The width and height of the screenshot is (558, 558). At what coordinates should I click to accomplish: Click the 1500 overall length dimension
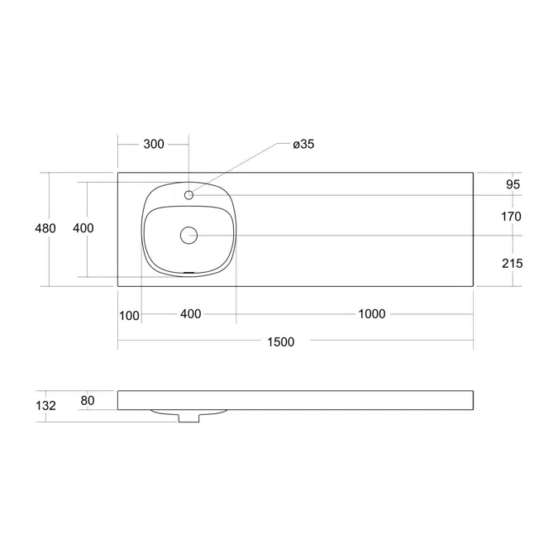tap(281, 342)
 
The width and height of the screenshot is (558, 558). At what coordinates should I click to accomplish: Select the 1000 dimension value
tap(372, 314)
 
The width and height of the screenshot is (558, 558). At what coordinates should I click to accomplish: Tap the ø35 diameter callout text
tap(303, 144)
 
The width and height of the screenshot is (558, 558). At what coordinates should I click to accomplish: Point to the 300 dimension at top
tap(154, 144)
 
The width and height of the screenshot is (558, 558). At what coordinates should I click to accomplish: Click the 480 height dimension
tap(45, 228)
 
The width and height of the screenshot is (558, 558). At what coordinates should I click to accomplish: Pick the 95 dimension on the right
tap(513, 184)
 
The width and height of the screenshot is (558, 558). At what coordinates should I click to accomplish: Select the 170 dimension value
tap(511, 217)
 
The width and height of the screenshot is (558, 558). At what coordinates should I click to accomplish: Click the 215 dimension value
tap(513, 264)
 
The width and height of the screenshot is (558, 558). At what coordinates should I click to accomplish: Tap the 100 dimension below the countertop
tap(129, 316)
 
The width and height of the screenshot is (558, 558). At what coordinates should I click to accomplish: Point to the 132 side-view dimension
tap(45, 405)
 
